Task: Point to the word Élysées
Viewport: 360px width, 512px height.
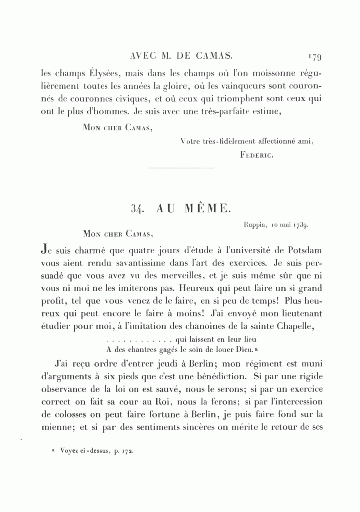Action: pyautogui.click(x=104, y=74)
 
